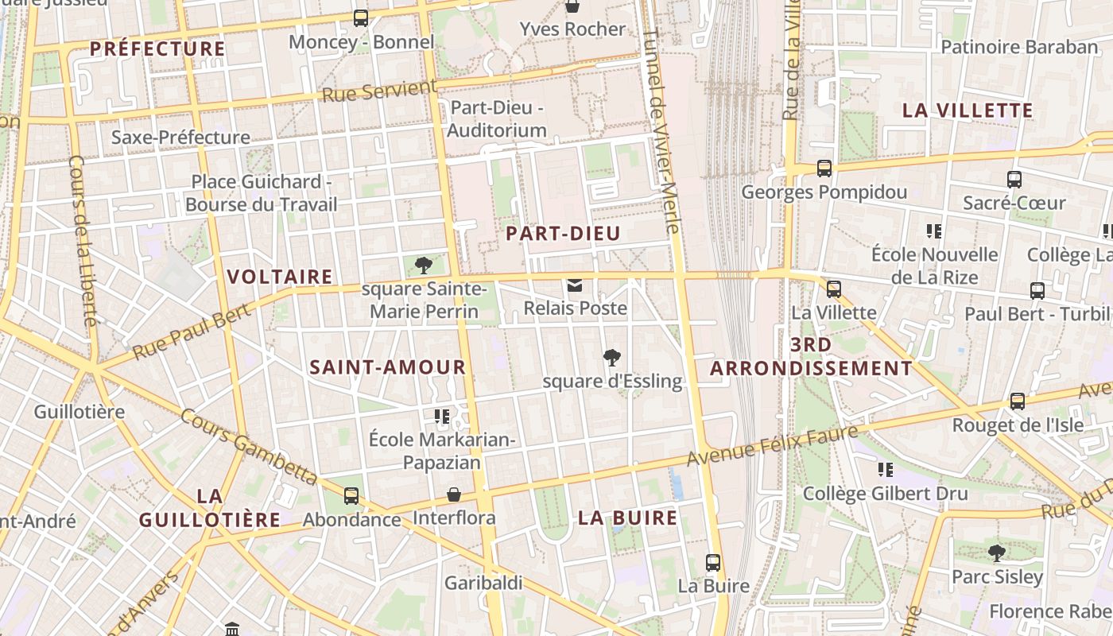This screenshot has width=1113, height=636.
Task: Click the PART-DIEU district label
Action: click(563, 234)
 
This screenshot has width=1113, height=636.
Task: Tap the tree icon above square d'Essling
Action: click(611, 358)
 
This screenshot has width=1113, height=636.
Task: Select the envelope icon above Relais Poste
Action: click(574, 285)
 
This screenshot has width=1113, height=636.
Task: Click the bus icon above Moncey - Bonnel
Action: click(361, 17)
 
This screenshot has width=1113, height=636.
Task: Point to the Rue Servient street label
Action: click(379, 91)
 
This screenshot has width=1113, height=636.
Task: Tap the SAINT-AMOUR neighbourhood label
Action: click(387, 367)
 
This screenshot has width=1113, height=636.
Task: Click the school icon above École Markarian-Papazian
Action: click(442, 416)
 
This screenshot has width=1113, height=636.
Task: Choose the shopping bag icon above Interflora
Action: click(454, 494)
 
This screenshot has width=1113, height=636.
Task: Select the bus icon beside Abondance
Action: click(351, 496)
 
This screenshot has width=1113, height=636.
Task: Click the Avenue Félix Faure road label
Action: click(773, 446)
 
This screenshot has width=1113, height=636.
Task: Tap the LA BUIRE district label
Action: click(628, 518)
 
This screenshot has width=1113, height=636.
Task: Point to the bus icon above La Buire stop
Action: click(713, 563)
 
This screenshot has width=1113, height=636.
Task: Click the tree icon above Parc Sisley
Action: click(996, 553)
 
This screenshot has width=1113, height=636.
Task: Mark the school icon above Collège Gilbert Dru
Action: click(885, 470)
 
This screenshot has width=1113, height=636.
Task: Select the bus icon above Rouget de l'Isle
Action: click(1018, 401)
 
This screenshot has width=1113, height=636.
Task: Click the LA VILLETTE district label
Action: click(968, 111)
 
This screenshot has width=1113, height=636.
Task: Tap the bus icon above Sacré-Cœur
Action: click(1014, 180)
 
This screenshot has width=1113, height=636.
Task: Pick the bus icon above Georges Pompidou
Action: click(824, 169)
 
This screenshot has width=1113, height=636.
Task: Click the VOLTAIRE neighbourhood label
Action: click(280, 277)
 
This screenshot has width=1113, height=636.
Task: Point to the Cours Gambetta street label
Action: click(249, 447)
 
